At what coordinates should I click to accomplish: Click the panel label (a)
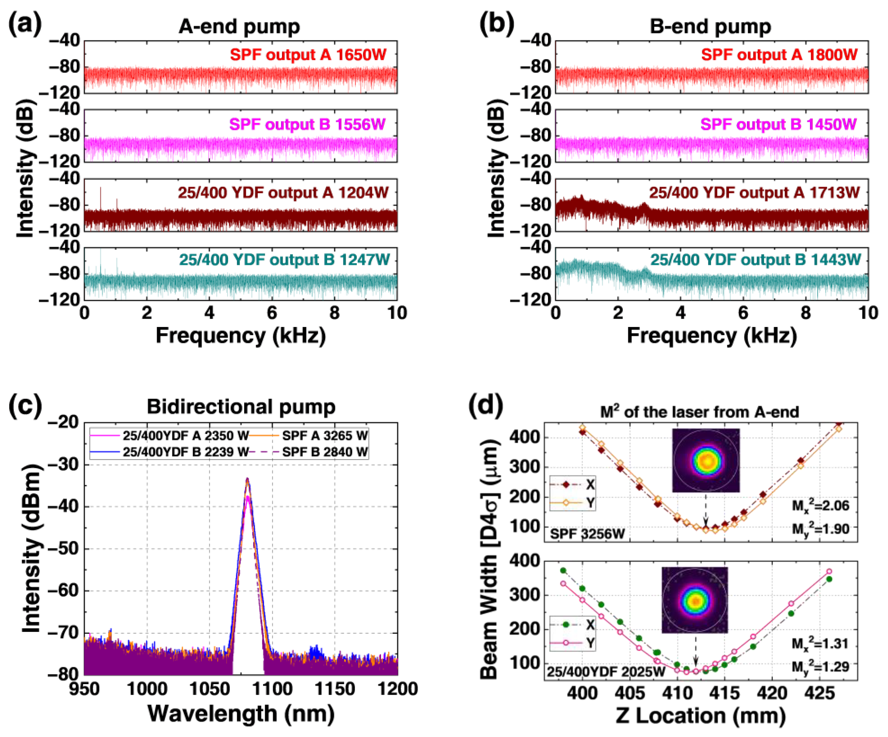coord(25,25)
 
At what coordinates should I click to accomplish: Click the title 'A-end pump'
coord(239,27)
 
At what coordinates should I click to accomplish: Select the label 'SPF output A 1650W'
coord(308,55)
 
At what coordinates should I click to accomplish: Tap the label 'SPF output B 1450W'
coord(778,124)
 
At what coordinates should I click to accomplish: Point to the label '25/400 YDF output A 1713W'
coord(754,193)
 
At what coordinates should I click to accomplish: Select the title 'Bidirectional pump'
coord(241,407)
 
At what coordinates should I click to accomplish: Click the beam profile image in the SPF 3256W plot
coord(706,461)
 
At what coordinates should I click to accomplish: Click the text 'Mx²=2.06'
coord(820,506)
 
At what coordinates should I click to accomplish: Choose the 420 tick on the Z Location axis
coord(773,693)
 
